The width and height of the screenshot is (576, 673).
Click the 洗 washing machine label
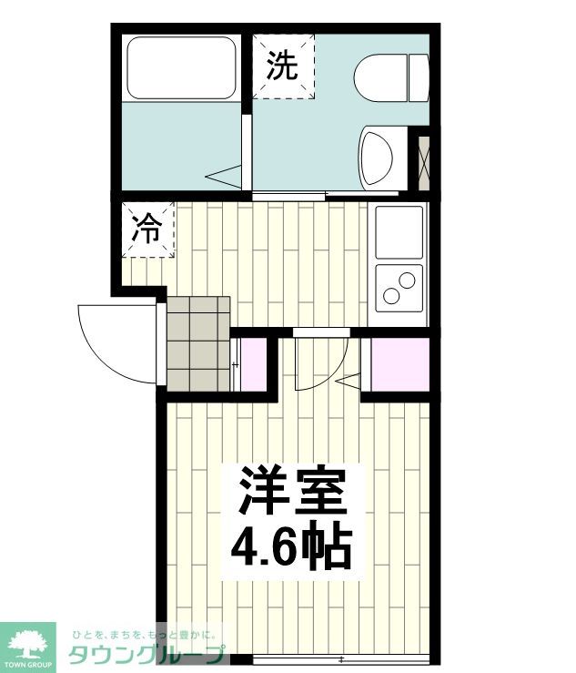click(282, 66)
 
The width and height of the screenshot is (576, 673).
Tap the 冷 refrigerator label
click(147, 229)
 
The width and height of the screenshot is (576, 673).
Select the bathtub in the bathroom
click(181, 67)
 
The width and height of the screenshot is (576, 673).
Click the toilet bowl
click(381, 78)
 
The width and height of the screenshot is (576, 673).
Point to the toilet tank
click(419, 78)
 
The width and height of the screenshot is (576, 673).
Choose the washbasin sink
click(378, 158)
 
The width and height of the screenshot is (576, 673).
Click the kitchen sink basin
click(399, 232)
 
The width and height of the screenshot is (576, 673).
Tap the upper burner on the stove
click(407, 280)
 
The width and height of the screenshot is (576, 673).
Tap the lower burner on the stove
click(391, 296)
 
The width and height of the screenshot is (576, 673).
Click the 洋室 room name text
click(293, 490)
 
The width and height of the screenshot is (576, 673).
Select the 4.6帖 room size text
click(291, 546)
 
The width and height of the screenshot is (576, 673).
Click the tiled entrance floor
click(198, 344)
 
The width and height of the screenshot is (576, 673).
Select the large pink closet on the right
click(400, 364)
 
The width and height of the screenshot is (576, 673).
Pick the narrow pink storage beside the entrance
click(254, 364)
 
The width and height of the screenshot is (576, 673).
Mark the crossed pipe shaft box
click(424, 163)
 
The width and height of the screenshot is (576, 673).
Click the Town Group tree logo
click(27, 647)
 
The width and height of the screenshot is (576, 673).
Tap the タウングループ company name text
click(147, 655)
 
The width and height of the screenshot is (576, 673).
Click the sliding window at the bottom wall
click(341, 659)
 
